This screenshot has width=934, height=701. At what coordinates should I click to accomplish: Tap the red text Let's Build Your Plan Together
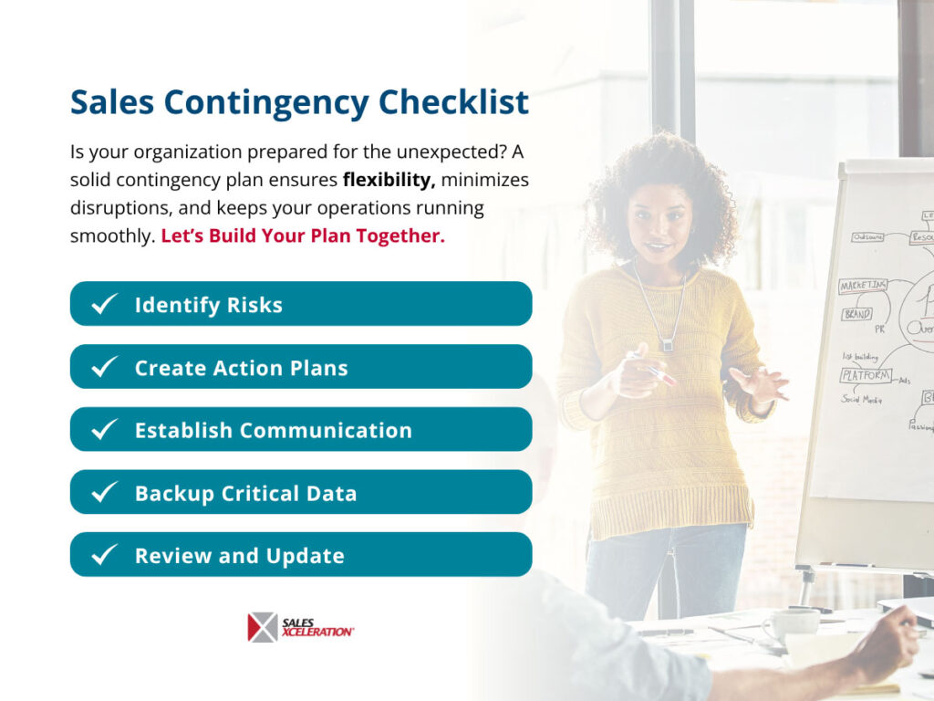point(303,235)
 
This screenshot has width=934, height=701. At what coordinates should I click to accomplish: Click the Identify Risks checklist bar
point(301,304)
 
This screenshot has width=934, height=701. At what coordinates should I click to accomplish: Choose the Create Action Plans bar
point(301,367)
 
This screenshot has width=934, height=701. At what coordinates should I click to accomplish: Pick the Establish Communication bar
point(301,430)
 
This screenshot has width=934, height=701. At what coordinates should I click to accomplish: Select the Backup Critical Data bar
point(301,493)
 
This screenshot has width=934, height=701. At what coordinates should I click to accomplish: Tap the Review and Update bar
point(301,555)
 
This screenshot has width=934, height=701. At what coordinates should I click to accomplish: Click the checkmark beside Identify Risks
point(105,304)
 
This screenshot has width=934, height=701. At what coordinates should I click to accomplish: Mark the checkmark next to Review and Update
point(105,555)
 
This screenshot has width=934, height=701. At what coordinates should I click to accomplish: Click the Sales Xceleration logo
point(301,627)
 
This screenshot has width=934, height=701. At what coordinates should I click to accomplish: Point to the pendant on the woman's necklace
point(667,344)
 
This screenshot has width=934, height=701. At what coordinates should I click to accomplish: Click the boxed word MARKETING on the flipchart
point(863,287)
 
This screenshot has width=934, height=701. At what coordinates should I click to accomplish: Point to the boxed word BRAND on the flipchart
point(856,314)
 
